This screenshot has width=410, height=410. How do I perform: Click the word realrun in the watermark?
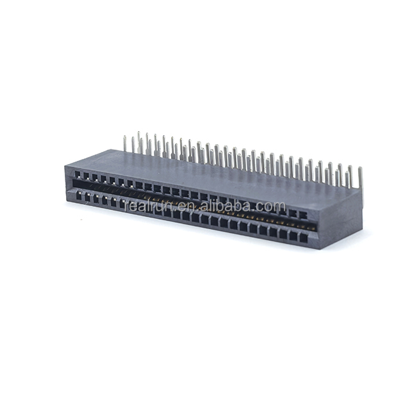149,206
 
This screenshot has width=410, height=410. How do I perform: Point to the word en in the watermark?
186,207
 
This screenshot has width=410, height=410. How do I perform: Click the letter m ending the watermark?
279,207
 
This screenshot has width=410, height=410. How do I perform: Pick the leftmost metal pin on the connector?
125,143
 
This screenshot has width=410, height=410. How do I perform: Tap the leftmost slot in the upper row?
78,174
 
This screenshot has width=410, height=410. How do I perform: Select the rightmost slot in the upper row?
303,215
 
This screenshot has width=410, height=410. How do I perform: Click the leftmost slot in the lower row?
78,197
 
